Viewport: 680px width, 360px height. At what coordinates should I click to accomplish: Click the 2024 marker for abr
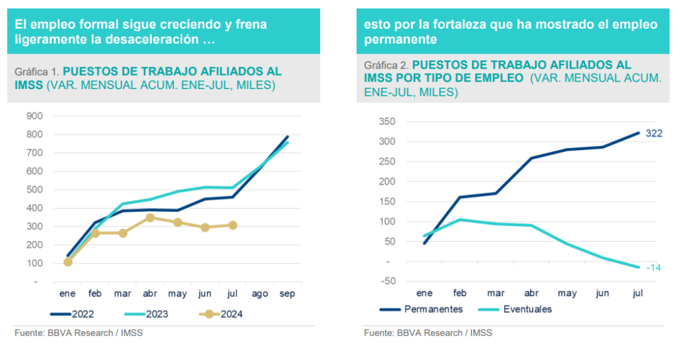151,217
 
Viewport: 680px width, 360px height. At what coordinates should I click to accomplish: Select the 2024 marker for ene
68,262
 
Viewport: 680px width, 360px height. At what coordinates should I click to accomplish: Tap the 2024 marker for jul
233,225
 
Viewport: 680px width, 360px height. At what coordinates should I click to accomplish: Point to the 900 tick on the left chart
35,116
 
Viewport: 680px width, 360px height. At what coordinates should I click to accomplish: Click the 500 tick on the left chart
35,190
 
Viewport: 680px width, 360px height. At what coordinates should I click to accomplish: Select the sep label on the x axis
288,293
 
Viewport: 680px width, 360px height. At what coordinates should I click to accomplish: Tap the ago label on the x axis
260,293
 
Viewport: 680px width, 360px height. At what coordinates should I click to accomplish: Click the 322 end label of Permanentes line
654,134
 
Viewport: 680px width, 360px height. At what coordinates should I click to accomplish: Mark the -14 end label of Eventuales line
653,268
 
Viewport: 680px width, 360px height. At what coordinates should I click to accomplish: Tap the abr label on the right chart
532,293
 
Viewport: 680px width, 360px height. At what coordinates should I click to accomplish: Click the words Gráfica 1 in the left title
37,71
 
